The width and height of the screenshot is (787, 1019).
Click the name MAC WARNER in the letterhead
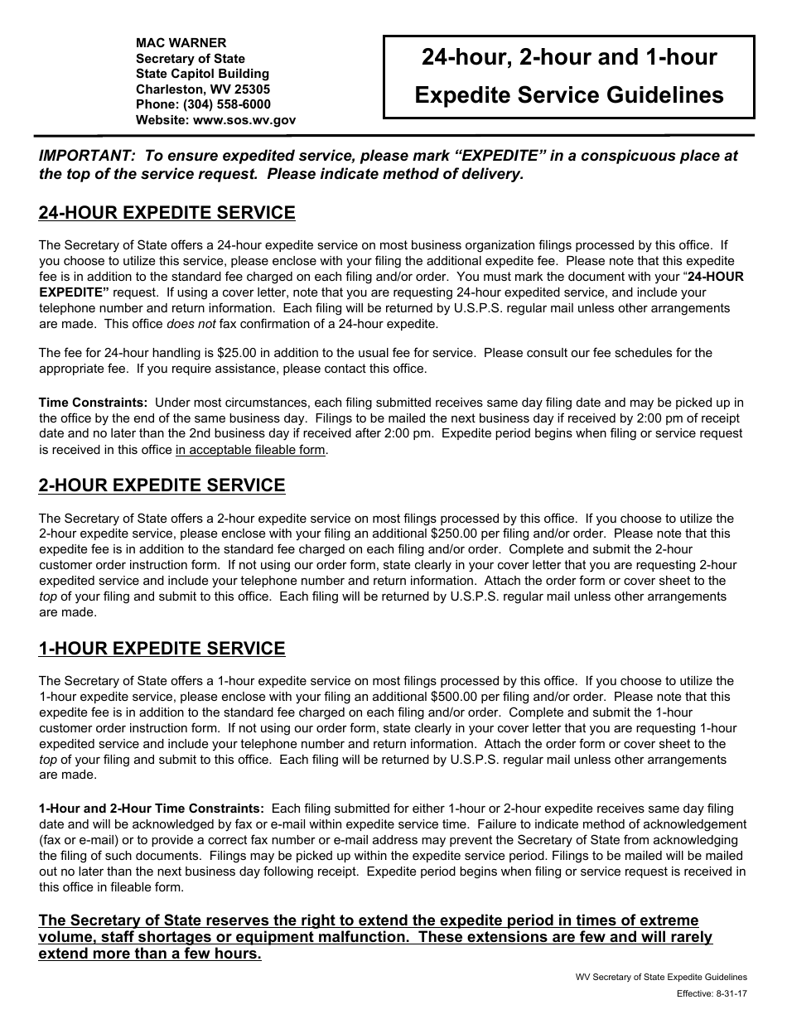point(181,43)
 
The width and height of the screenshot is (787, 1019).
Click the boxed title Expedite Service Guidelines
point(568,95)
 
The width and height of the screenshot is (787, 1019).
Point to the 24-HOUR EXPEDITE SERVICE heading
point(167,213)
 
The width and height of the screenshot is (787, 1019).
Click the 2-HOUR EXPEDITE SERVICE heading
point(162,485)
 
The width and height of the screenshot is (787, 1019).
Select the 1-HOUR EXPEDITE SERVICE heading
point(162,649)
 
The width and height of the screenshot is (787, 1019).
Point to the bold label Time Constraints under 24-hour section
point(94,403)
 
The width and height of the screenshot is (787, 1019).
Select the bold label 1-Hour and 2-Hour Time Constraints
point(152,808)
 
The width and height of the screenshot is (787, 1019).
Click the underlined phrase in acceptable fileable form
point(250,451)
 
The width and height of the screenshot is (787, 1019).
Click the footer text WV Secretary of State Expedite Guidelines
point(661,978)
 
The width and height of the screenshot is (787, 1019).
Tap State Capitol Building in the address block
point(202,74)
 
